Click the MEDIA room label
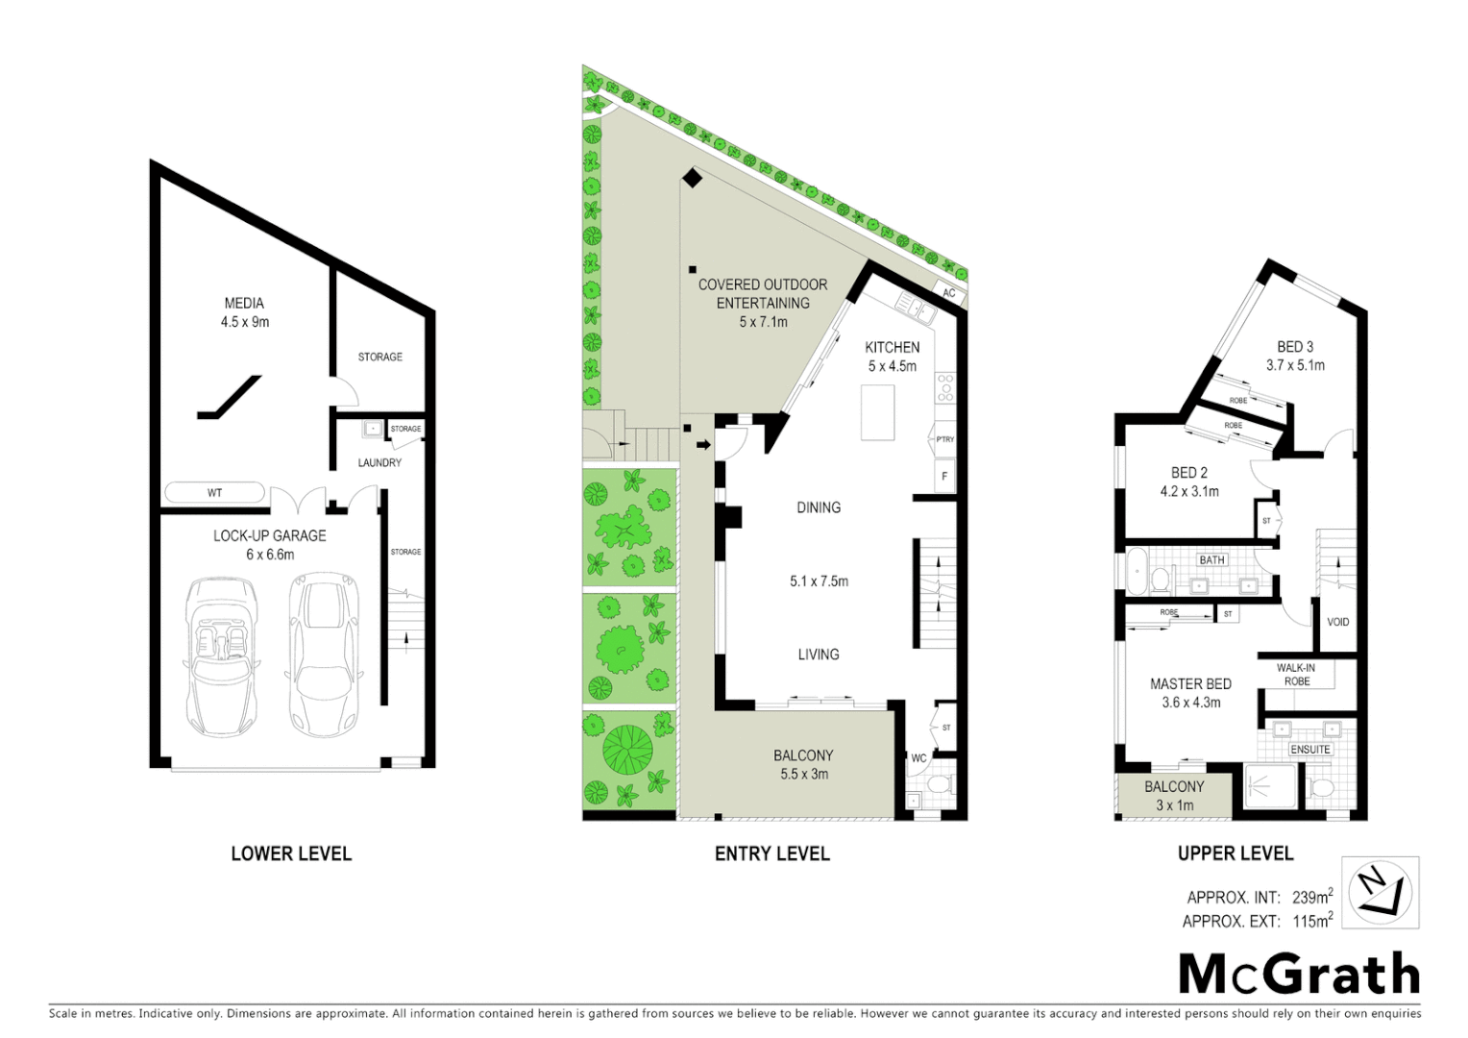[244, 303]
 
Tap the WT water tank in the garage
[214, 493]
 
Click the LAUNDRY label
[379, 462]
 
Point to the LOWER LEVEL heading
[291, 853]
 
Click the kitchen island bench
[878, 411]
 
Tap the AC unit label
[949, 293]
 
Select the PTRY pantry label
[944, 439]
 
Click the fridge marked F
[945, 476]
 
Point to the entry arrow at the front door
[703, 444]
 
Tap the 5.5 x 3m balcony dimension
[803, 774]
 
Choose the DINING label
[819, 507]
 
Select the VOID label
[1337, 622]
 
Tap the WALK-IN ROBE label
[1296, 675]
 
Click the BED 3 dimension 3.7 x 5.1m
[1295, 365]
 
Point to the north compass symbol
[1380, 891]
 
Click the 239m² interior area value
[1311, 898]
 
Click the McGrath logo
[1299, 975]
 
